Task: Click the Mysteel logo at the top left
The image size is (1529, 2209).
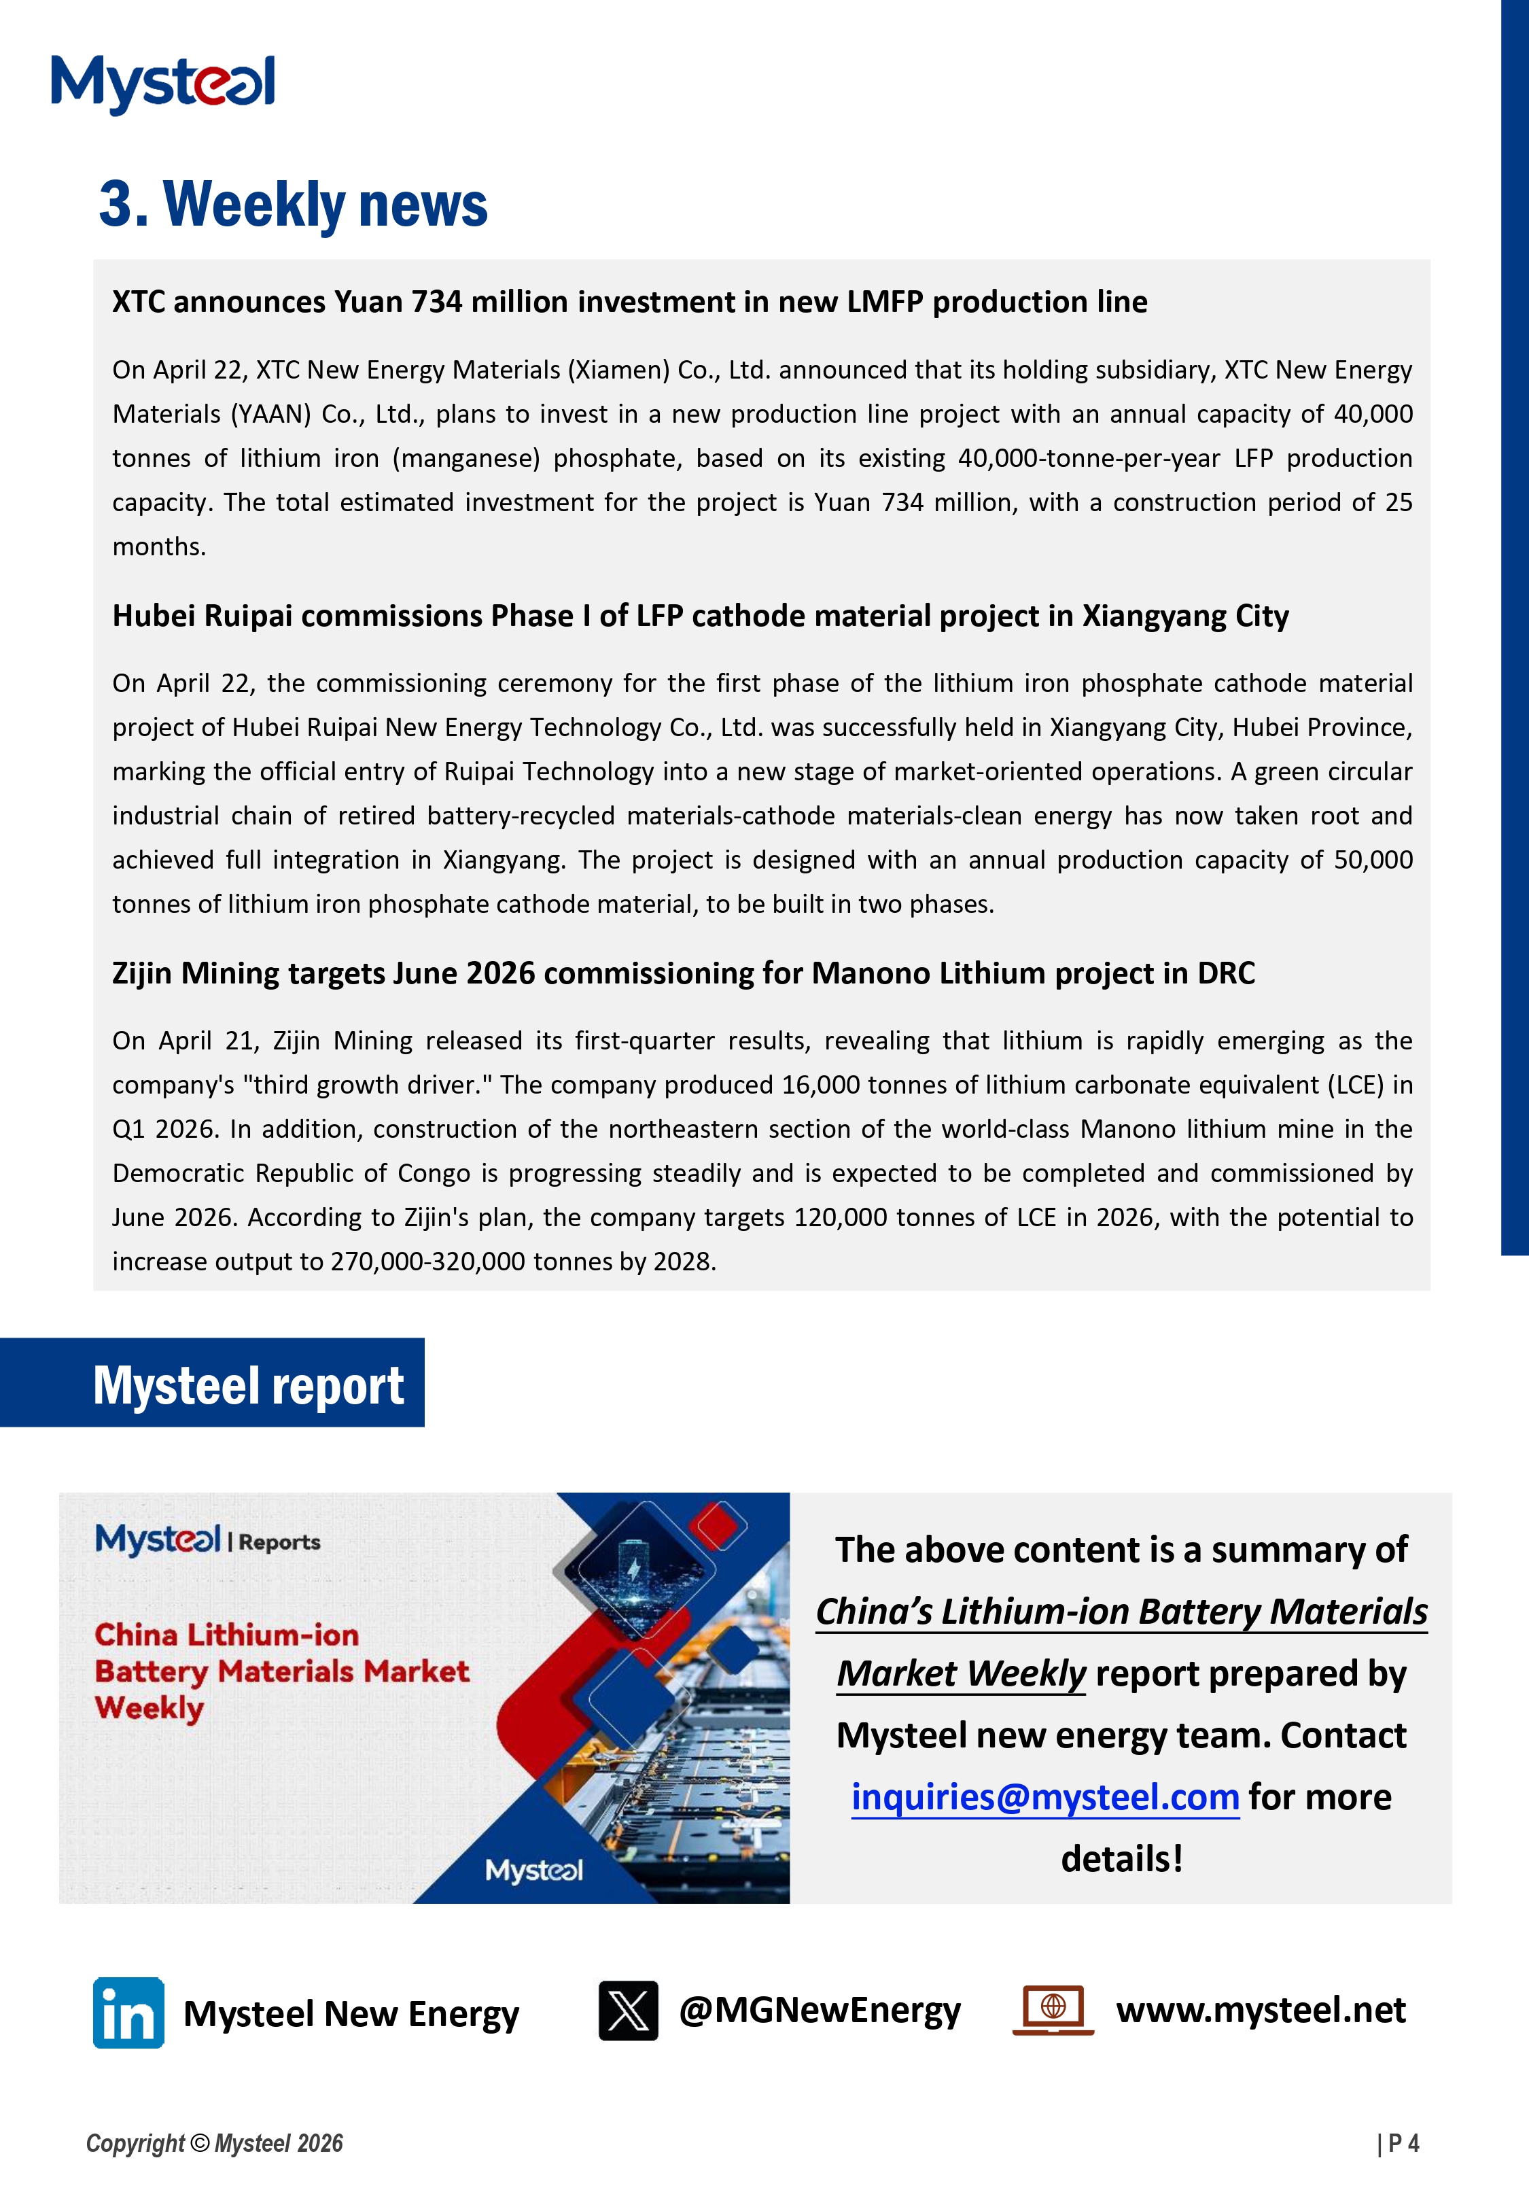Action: point(163,84)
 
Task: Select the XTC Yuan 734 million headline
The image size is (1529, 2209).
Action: point(629,302)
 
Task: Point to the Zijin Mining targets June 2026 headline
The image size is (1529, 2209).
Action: point(683,973)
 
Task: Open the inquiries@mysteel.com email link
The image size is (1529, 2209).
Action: point(1044,1797)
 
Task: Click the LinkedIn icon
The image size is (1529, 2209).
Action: point(128,2013)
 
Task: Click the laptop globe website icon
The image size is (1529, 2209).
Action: point(1053,2008)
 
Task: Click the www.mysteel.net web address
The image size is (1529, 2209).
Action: point(1260,2010)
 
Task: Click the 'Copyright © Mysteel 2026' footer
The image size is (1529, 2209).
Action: point(215,2143)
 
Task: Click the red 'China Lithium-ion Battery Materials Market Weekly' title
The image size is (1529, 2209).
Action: point(281,1671)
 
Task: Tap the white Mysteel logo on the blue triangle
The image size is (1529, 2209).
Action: point(533,1870)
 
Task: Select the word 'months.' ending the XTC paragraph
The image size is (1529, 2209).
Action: point(159,547)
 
